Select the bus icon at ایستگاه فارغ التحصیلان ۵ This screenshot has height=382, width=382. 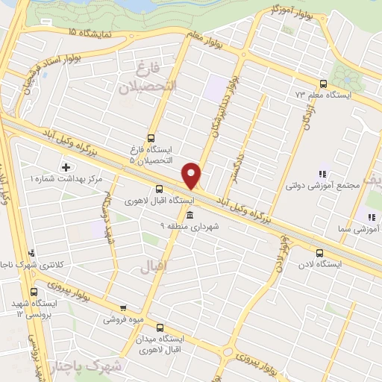pos(151,137)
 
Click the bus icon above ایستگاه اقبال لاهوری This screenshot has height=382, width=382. pos(158,189)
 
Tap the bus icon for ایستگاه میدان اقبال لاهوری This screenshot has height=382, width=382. pos(160,327)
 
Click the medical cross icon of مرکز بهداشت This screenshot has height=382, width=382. pos(66,166)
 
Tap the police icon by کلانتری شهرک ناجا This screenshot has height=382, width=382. pos(31,254)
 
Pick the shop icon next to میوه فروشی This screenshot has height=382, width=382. pos(122,307)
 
